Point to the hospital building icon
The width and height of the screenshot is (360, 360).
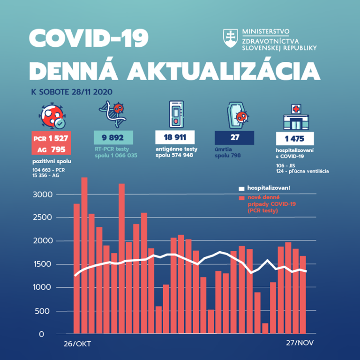click(x=295, y=117)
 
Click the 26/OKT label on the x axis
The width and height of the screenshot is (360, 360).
click(x=77, y=344)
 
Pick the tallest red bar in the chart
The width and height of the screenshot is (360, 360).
click(x=84, y=255)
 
